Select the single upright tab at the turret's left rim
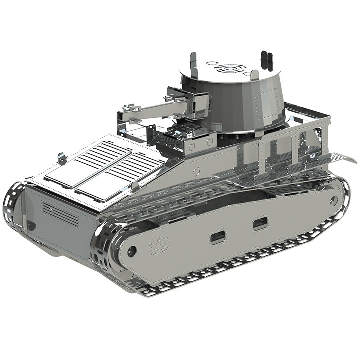click(192, 62)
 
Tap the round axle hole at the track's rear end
click(333, 200)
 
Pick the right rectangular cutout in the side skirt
click(259, 224)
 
